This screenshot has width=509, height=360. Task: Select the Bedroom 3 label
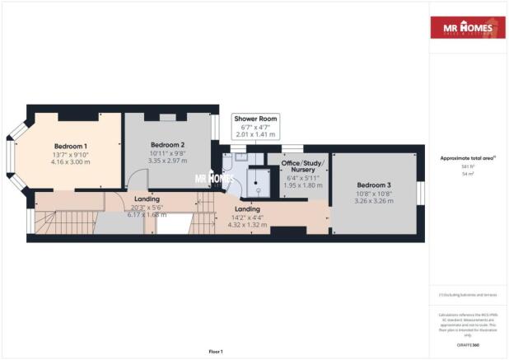[372, 185]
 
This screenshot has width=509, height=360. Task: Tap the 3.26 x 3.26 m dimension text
[372, 200]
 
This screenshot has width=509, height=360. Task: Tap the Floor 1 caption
[215, 352]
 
